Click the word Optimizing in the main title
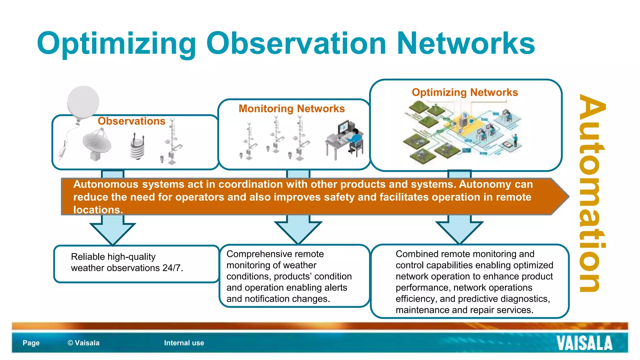(x=116, y=44)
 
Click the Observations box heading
(x=131, y=121)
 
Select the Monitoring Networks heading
(x=292, y=108)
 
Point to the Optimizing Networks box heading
(x=465, y=92)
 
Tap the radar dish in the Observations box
(x=97, y=144)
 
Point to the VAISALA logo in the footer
(x=584, y=343)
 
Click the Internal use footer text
(x=184, y=343)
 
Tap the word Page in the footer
(x=31, y=343)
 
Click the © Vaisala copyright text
(x=83, y=343)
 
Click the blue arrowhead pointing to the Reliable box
(x=112, y=233)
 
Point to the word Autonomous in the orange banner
(x=106, y=184)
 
